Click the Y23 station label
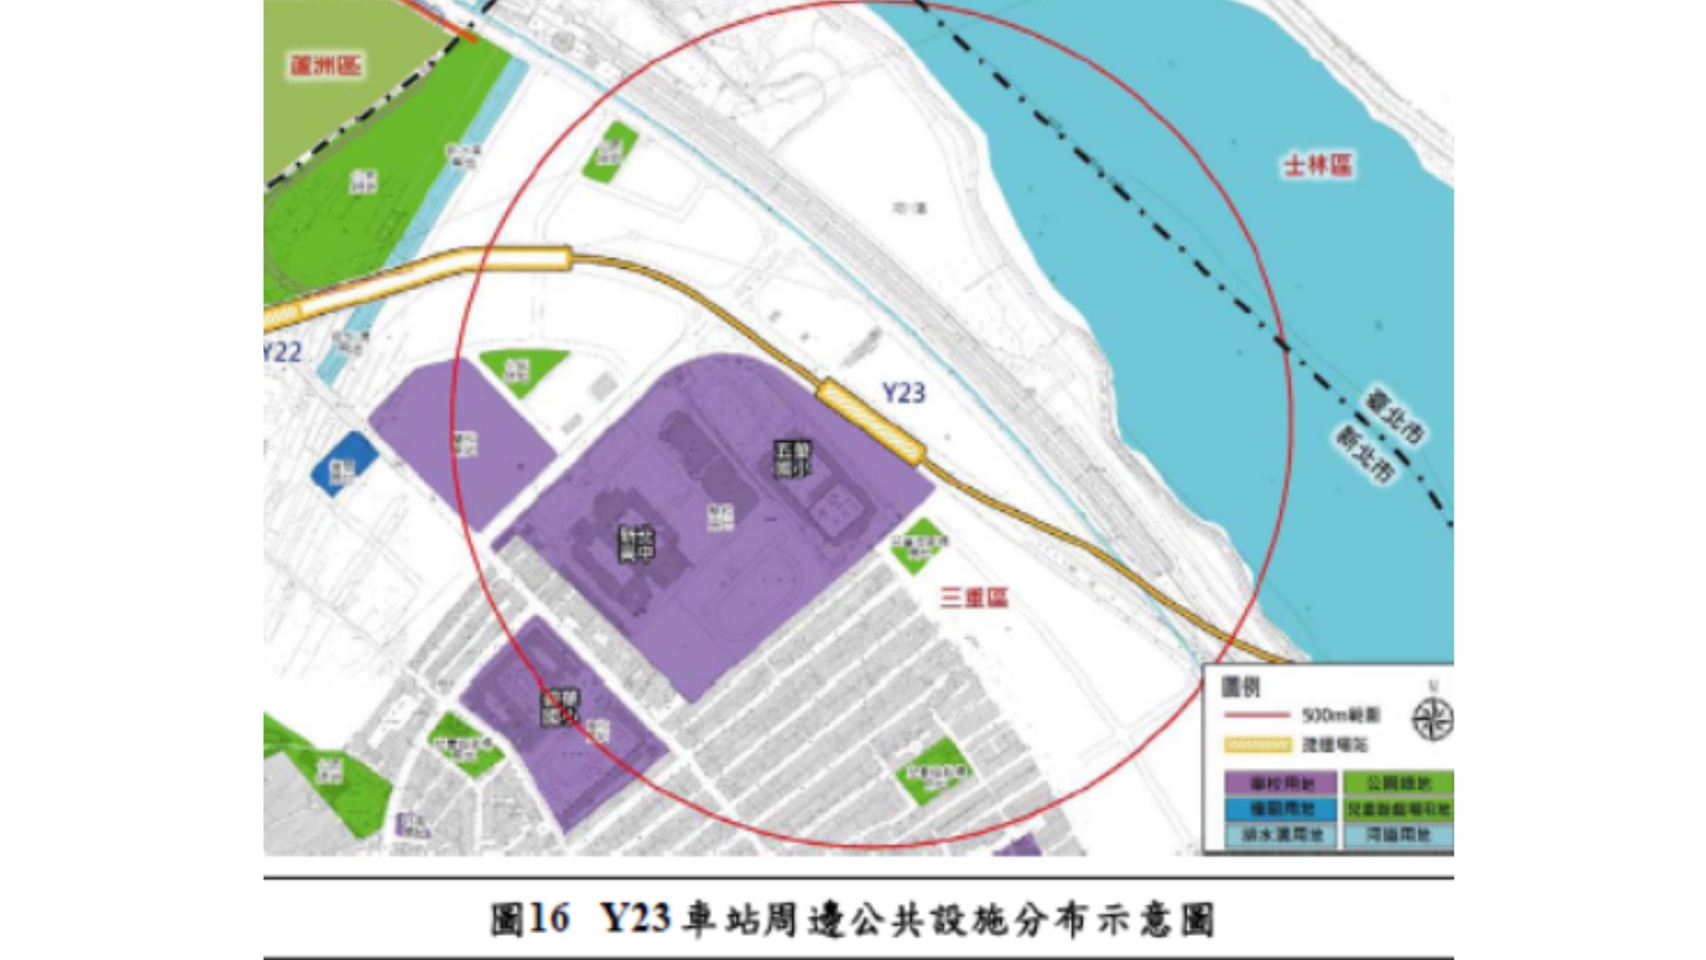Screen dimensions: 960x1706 point(903,393)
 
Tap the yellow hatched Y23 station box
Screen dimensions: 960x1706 point(870,422)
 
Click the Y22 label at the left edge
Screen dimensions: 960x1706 point(283,352)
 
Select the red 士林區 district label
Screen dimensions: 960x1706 point(1318,165)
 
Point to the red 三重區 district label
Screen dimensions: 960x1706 point(975,597)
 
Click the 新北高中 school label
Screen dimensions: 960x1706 point(636,543)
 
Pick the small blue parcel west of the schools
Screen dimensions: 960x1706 point(344,463)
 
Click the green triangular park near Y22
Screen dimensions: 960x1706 point(522,370)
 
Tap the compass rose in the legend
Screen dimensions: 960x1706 point(1431,718)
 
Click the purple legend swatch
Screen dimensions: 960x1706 point(1280,784)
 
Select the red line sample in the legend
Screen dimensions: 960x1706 point(1256,715)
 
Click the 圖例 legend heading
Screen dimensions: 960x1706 point(1241,688)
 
